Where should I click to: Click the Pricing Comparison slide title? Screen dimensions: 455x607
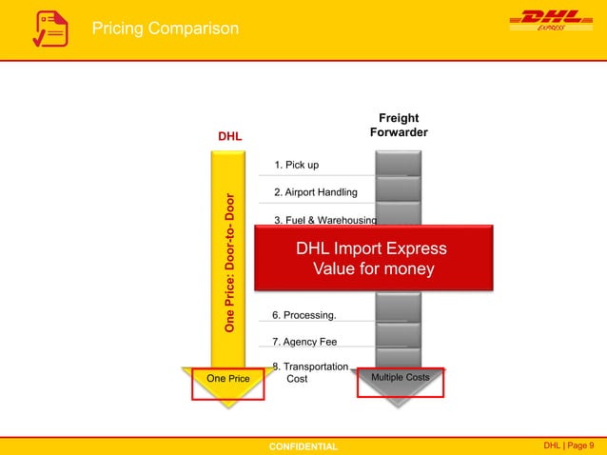165,30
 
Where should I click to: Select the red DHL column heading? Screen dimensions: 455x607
229,136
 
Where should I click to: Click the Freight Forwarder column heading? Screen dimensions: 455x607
399,126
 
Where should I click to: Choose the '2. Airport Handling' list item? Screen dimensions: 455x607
315,192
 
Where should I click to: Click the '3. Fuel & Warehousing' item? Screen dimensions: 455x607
324,220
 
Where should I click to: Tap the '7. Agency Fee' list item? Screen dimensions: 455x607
304,342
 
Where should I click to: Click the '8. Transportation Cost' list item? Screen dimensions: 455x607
310,372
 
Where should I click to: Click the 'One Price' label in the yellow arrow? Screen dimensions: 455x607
227,379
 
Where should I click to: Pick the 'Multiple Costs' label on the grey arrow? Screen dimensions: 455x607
399,378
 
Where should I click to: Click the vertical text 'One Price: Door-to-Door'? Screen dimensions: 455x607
229,263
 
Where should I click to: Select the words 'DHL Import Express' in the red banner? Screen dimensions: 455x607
371,248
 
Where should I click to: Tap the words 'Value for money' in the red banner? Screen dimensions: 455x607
374,269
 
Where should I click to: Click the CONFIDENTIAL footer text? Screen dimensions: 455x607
303,445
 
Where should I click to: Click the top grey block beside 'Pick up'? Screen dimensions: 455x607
399,163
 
